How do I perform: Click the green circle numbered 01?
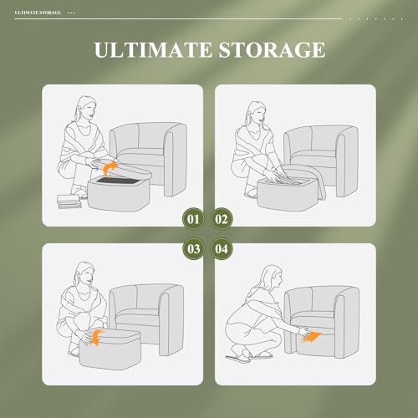click(x=194, y=220)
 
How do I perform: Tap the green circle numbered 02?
click(x=223, y=220)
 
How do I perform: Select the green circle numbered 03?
click(x=194, y=248)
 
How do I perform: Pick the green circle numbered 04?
click(x=223, y=248)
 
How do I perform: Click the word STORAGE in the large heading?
click(x=269, y=50)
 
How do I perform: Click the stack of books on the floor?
click(x=65, y=201)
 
